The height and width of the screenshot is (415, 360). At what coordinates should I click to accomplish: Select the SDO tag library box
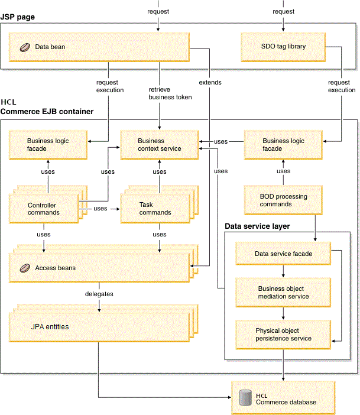(283, 46)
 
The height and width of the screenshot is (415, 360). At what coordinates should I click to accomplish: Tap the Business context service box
(160, 145)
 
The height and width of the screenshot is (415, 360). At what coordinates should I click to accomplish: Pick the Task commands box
(155, 209)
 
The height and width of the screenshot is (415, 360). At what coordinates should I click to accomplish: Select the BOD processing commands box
(284, 200)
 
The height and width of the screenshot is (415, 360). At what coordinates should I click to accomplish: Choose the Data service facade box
(283, 254)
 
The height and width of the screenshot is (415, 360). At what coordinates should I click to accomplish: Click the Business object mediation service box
(283, 292)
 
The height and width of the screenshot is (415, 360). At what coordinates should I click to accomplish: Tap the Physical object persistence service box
(283, 334)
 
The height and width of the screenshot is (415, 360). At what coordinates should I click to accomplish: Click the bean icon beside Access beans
(24, 268)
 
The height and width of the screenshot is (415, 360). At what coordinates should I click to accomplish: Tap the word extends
(210, 83)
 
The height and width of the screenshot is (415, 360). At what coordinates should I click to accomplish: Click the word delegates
(98, 293)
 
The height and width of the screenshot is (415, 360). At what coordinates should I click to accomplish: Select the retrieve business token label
(170, 93)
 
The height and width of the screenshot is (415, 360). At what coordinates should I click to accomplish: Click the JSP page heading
(17, 17)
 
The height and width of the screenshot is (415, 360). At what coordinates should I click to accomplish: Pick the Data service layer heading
(256, 226)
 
